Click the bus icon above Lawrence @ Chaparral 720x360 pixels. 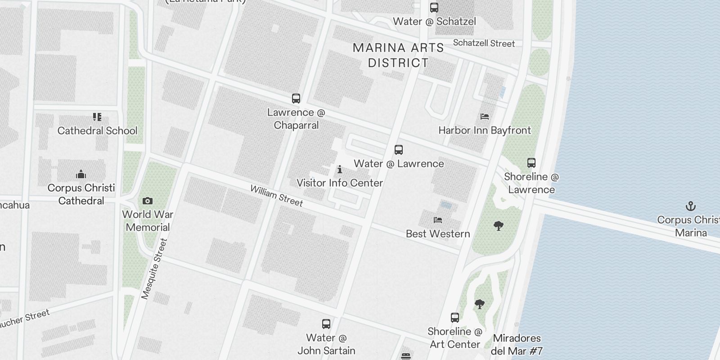click(x=296, y=99)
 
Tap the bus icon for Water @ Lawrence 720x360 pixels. click(x=399, y=150)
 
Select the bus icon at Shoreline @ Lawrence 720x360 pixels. click(x=531, y=163)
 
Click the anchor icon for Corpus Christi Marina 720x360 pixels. click(x=690, y=206)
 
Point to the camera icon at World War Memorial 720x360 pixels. click(x=148, y=201)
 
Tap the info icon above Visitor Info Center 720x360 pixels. click(x=340, y=169)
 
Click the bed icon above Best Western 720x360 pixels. click(x=438, y=220)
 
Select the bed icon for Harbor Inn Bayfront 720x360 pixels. click(x=485, y=117)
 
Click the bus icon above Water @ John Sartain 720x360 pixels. click(x=326, y=324)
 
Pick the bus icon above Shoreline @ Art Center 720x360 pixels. click(x=455, y=318)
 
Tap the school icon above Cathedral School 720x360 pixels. click(x=97, y=117)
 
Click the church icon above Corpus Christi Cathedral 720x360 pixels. click(x=81, y=174)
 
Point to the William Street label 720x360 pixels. click(x=277, y=196)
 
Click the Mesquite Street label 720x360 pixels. click(x=154, y=269)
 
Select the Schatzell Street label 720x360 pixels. click(x=484, y=43)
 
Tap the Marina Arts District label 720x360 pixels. click(x=398, y=55)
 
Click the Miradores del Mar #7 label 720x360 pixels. click(x=517, y=344)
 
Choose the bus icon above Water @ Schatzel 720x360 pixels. click(x=434, y=8)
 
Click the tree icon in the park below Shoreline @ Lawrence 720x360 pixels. click(x=498, y=225)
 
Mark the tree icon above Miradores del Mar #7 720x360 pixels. click(x=480, y=304)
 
